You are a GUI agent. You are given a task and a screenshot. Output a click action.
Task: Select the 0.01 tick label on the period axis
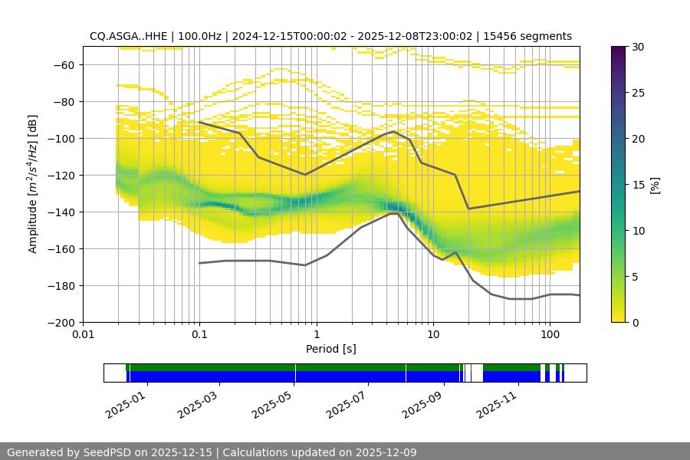click(x=83, y=335)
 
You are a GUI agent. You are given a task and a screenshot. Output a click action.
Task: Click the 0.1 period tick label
click(x=199, y=335)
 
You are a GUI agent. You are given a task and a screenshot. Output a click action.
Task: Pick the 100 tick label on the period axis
click(x=549, y=335)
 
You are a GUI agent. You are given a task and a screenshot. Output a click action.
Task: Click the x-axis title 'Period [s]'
click(x=331, y=349)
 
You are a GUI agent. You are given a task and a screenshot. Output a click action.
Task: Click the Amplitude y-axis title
click(x=33, y=184)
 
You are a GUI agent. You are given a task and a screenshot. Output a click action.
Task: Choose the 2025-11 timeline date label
click(x=495, y=401)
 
